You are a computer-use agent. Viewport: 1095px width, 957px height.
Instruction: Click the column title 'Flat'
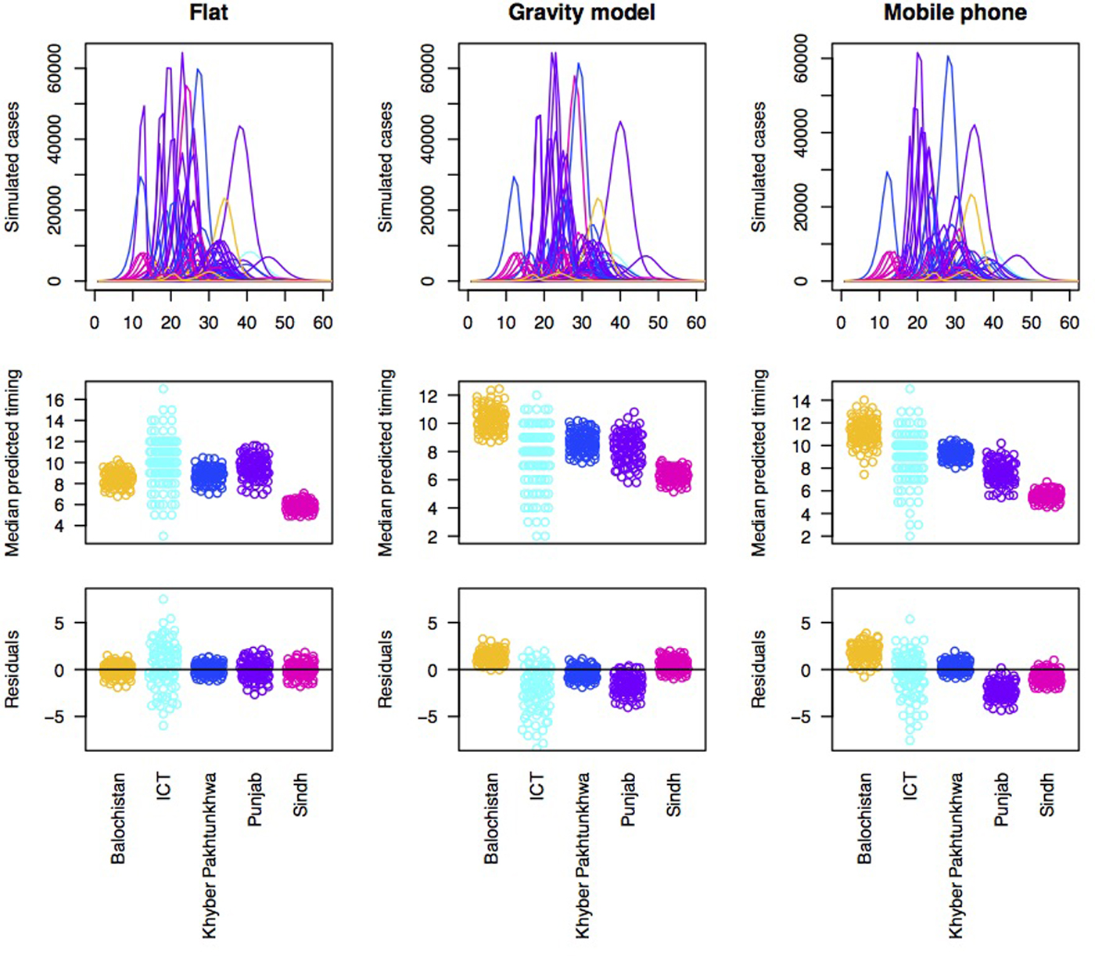coord(209,13)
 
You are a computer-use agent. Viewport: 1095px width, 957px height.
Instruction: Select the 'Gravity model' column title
coord(581,13)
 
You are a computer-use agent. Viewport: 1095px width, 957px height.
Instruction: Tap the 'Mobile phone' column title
coord(955,13)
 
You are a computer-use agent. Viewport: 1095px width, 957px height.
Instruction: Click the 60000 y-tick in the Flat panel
coord(55,68)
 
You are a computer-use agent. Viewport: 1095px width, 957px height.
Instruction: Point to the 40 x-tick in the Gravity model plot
coord(619,322)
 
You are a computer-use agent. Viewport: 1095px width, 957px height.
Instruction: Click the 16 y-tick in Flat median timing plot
coord(55,400)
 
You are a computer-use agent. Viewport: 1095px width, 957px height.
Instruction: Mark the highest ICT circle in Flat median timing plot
coord(163,389)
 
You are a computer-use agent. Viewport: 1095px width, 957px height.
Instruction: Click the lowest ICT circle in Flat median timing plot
coord(163,536)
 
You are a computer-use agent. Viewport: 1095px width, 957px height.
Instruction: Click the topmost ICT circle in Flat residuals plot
coord(163,599)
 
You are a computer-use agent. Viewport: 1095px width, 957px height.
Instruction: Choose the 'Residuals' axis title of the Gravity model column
coord(386,670)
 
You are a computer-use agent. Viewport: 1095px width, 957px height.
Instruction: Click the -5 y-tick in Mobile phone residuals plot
coord(804,717)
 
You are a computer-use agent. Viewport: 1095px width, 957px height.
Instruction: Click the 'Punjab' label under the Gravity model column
coord(628,800)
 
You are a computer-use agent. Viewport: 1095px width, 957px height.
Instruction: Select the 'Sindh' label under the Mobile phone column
coord(1048,795)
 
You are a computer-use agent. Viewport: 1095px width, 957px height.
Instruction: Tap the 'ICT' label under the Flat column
coord(163,786)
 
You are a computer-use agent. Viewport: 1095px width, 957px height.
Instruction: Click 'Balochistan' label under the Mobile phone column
coord(864,818)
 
